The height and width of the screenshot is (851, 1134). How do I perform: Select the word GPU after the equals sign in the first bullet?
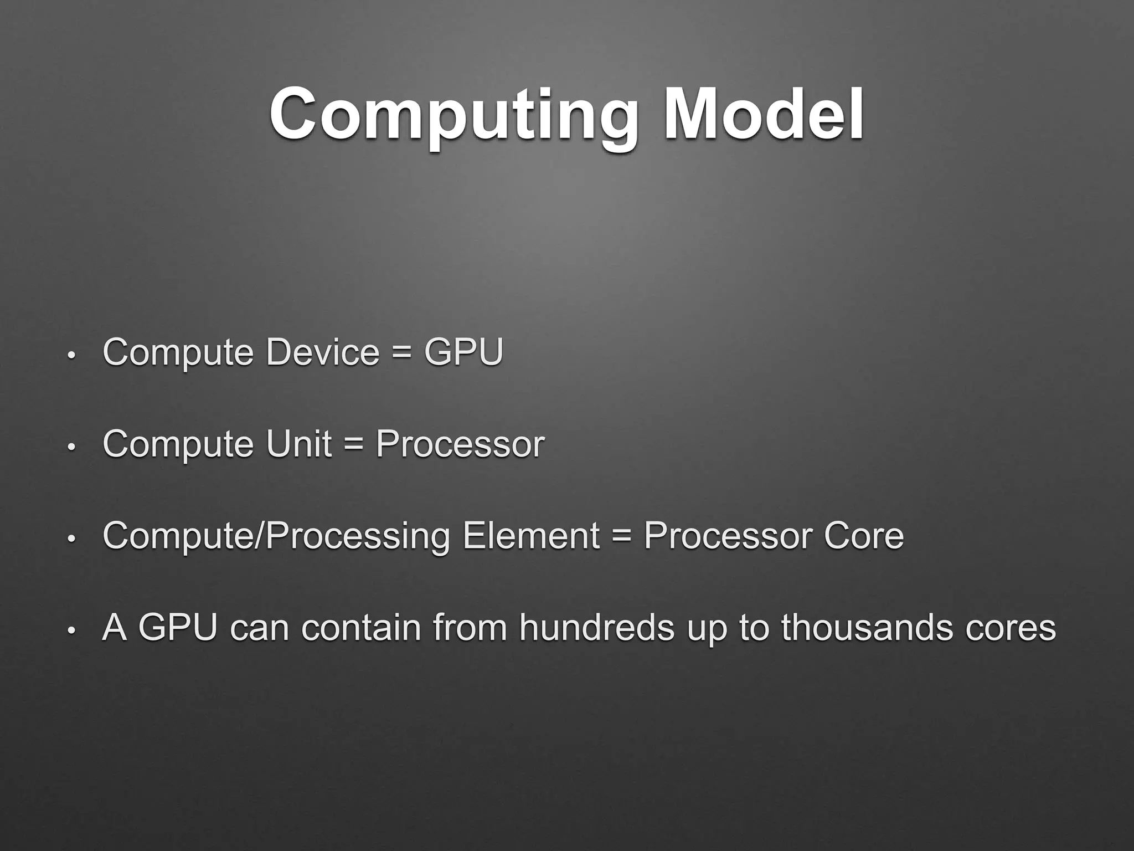tap(463, 352)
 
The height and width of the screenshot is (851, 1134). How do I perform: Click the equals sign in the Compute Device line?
tap(401, 353)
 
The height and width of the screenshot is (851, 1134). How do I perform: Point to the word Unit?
tap(299, 444)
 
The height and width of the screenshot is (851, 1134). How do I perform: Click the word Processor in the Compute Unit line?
tap(460, 444)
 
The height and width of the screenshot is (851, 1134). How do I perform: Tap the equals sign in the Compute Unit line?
tap(353, 445)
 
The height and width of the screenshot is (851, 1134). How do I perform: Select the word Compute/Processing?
tap(276, 537)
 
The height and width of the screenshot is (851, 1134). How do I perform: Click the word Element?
tap(531, 536)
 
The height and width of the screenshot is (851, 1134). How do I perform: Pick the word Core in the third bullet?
tap(863, 536)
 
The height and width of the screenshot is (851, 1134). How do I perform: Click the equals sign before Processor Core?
tap(622, 537)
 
